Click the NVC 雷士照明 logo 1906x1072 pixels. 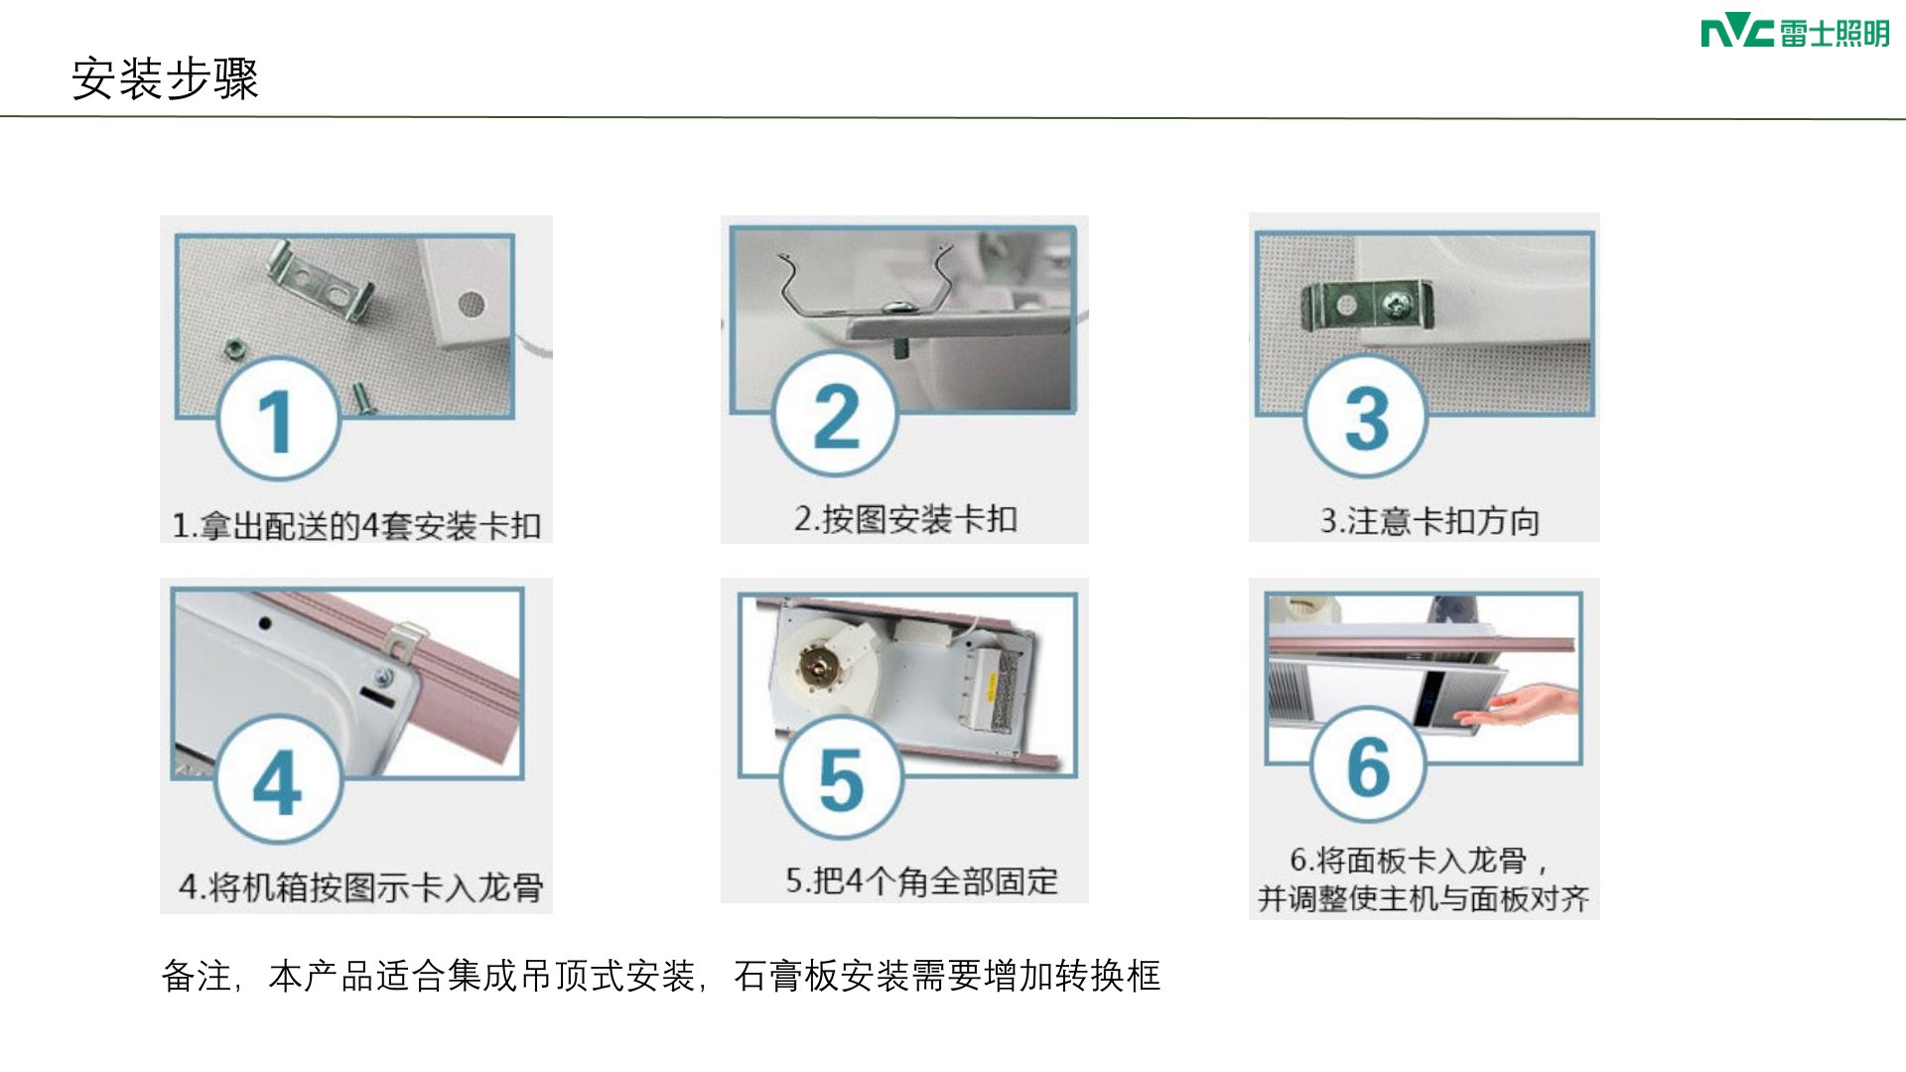pyautogui.click(x=1795, y=33)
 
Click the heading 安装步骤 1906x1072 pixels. pyautogui.click(x=165, y=78)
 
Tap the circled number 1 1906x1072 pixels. pyautogui.click(x=279, y=419)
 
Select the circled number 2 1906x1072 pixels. pyautogui.click(x=835, y=415)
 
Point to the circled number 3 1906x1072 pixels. pyautogui.click(x=1366, y=417)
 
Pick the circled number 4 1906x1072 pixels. pyautogui.click(x=279, y=780)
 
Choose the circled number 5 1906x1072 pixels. pyautogui.click(x=842, y=778)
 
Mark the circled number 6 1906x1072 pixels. pyautogui.click(x=1368, y=765)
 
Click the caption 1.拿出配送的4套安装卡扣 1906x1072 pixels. pyautogui.click(x=356, y=525)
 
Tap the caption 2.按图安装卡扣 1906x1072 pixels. pyautogui.click(x=905, y=518)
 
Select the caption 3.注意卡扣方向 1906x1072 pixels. pyautogui.click(x=1429, y=520)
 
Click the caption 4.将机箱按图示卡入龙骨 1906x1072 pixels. pyautogui.click(x=361, y=886)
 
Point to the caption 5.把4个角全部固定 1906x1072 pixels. pyautogui.click(x=922, y=880)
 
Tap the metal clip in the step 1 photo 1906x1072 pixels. pyautogui.click(x=320, y=282)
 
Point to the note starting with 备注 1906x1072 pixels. pyautogui.click(x=661, y=976)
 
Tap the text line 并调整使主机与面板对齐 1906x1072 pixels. pyautogui.click(x=1424, y=899)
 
